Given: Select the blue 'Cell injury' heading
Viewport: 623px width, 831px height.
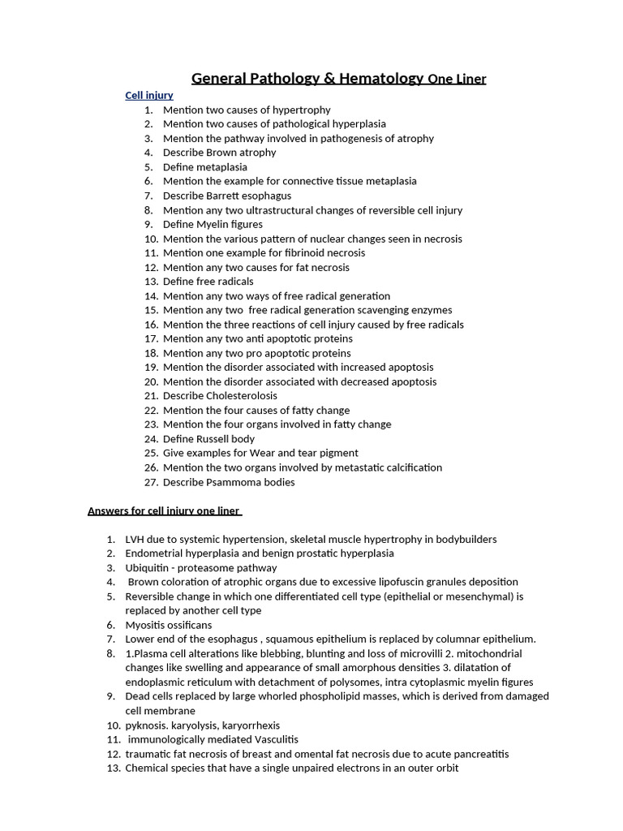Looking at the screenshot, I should pyautogui.click(x=148, y=95).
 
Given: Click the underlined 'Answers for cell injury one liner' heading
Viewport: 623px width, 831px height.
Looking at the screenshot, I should pyautogui.click(x=164, y=510).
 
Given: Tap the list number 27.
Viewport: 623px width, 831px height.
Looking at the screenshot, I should pyautogui.click(x=149, y=482).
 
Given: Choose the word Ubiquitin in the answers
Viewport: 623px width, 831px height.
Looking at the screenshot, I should pyautogui.click(x=148, y=568).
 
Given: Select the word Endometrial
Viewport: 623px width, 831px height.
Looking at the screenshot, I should pyautogui.click(x=154, y=553).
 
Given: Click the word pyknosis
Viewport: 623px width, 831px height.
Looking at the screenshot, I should pyautogui.click(x=147, y=726).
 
